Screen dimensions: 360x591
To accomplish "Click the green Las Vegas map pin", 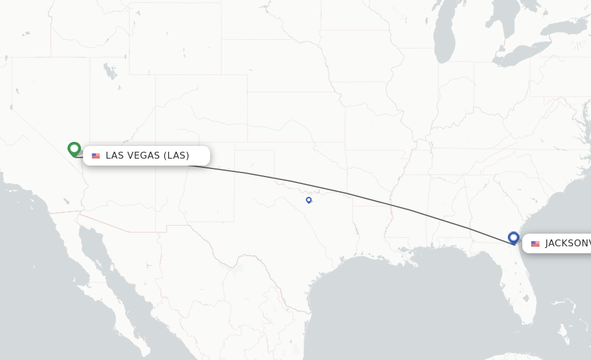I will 74,149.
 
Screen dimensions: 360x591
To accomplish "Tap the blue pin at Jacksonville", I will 514,237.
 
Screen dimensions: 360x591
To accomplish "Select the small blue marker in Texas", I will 309,200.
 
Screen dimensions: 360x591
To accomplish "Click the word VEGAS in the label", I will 145,155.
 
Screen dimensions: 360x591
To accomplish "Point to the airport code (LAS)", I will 176,155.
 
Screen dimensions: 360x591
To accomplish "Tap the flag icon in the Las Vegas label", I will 96,156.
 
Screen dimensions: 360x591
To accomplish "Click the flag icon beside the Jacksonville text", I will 535,243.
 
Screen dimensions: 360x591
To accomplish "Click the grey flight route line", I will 346,193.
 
